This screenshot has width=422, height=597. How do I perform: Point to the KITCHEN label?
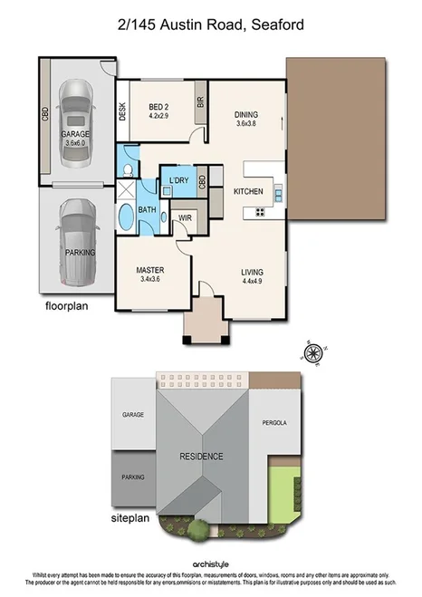click(248, 192)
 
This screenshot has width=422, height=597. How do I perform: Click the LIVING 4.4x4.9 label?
click(253, 276)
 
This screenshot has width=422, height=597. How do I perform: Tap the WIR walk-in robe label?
click(185, 218)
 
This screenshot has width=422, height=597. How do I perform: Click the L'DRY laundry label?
click(178, 181)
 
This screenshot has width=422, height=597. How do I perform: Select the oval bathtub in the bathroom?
click(126, 218)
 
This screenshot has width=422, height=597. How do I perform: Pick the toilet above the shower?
click(128, 168)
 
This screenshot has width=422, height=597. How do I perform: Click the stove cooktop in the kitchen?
click(260, 213)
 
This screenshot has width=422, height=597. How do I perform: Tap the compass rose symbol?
click(313, 352)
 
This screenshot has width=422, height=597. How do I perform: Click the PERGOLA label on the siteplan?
click(274, 423)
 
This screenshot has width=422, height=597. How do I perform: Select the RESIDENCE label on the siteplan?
click(201, 457)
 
